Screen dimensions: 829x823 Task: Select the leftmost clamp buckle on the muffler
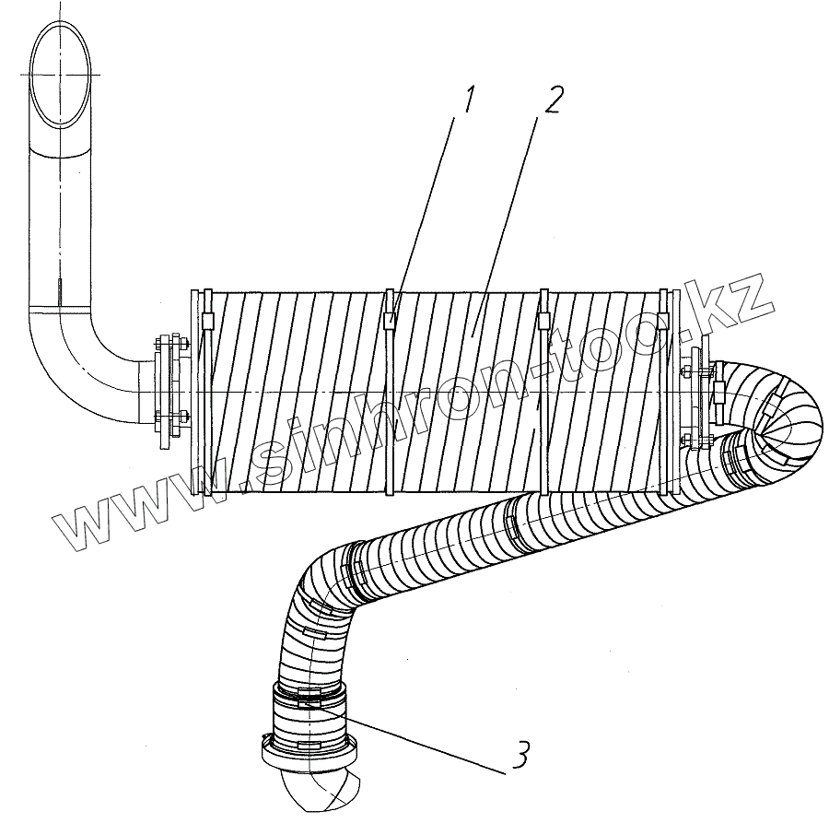coord(206,320)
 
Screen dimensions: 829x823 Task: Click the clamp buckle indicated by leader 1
coord(391,319)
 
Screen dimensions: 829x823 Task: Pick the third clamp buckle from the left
coord(544,320)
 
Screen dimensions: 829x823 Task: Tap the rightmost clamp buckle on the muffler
coord(663,319)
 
